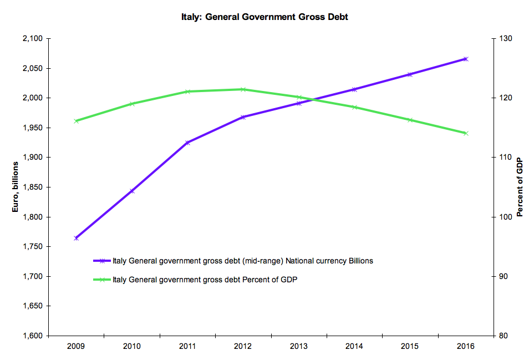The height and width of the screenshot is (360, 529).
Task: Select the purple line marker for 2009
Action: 76,238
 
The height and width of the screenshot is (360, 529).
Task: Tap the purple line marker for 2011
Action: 187,143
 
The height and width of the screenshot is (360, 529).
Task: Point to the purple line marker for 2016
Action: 466,59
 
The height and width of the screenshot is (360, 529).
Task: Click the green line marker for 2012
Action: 243,89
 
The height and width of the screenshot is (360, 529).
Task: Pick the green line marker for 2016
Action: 466,133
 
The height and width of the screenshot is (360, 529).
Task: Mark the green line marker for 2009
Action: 76,121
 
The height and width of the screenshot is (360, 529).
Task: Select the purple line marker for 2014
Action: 354,89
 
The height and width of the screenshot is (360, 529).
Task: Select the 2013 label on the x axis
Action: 298,346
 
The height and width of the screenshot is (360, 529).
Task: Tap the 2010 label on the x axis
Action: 131,346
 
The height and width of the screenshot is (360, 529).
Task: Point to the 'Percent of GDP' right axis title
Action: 520,187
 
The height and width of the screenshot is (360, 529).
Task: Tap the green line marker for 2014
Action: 354,107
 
